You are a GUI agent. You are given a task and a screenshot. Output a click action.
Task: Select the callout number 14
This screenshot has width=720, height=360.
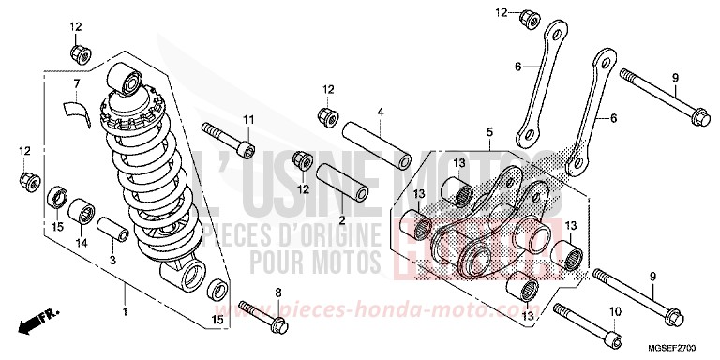pyautogui.click(x=82, y=242)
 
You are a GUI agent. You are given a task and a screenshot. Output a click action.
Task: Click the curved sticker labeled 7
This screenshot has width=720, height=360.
pyautogui.click(x=74, y=110)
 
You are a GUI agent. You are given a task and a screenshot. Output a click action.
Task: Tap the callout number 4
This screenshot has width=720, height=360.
pyautogui.click(x=381, y=112)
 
